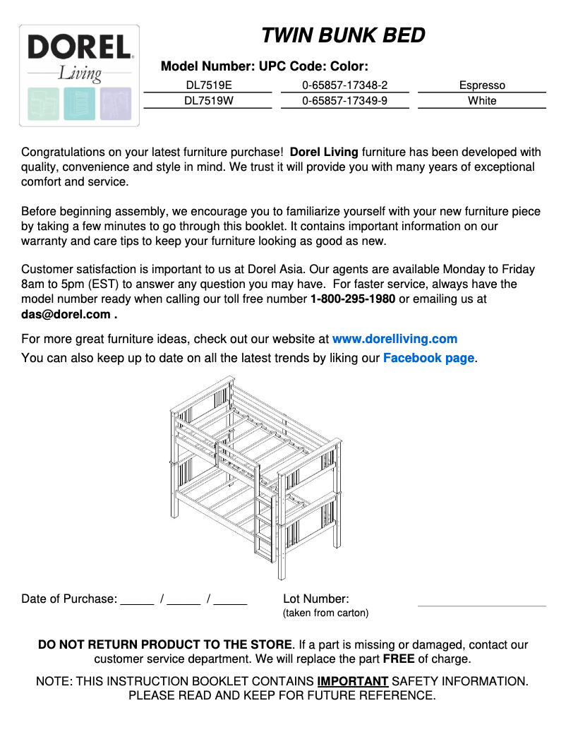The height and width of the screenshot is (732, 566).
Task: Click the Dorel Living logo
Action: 79,75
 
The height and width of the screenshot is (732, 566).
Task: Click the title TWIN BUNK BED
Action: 343,35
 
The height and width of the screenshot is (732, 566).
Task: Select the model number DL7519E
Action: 208,85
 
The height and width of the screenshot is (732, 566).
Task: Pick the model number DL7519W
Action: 208,101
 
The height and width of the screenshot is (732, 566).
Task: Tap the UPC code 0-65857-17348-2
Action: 344,85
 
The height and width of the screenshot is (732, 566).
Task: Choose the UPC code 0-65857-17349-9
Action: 344,101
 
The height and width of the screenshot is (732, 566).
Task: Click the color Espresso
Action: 482,85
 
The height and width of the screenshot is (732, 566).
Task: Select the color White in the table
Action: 482,101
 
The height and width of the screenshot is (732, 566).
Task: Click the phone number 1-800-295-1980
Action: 353,299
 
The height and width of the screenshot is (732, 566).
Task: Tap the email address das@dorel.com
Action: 66,315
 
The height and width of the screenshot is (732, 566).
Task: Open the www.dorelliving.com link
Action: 395,339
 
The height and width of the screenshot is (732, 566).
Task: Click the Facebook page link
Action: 428,358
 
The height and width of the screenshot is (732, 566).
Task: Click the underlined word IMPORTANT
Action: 353,681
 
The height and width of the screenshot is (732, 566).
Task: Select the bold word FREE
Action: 399,659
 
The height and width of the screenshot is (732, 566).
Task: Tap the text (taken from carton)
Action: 325,613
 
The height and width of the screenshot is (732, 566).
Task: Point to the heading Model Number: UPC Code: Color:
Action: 265,67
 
